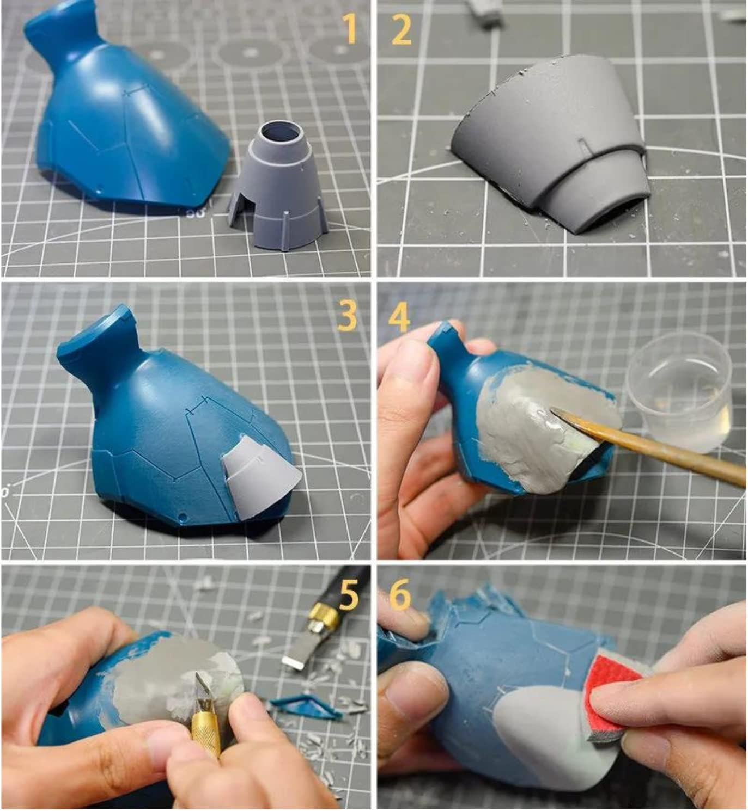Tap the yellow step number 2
[x=402, y=29]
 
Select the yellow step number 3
[x=347, y=316]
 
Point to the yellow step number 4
[x=399, y=316]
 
